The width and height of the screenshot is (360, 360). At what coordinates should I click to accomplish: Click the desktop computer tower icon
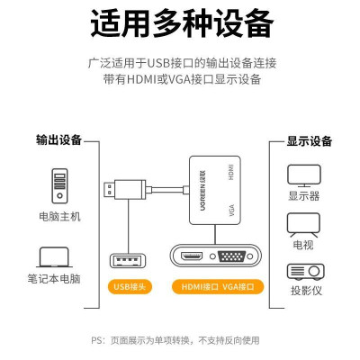click(59, 186)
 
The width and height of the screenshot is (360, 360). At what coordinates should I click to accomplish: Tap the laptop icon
click(54, 257)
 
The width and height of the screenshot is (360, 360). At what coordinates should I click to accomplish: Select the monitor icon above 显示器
click(304, 175)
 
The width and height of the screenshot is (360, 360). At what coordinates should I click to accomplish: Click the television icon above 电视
click(303, 225)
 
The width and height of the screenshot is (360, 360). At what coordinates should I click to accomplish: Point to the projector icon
click(306, 272)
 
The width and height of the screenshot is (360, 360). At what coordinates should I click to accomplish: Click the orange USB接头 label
click(130, 287)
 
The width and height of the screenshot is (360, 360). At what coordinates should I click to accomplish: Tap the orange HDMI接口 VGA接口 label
click(218, 287)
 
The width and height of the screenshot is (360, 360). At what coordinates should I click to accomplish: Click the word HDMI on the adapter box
click(230, 172)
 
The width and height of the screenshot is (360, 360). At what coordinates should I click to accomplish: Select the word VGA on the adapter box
click(231, 210)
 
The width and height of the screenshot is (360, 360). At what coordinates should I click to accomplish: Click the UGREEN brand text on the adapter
click(203, 190)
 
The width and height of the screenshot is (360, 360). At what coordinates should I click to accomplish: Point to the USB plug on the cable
click(125, 190)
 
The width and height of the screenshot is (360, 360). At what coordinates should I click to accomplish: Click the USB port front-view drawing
click(128, 261)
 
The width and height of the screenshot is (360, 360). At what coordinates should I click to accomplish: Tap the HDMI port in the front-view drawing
click(192, 256)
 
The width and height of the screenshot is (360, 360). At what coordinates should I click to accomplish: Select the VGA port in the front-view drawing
click(232, 257)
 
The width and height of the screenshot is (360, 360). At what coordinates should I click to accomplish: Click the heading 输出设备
click(59, 140)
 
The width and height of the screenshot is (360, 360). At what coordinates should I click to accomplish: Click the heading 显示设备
click(310, 141)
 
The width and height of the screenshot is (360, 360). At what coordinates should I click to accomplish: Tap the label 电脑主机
click(59, 217)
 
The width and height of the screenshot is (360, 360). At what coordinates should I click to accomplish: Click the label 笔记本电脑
click(54, 279)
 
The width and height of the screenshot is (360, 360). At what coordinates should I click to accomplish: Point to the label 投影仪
click(306, 291)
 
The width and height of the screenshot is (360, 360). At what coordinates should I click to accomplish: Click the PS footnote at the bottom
click(175, 340)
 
